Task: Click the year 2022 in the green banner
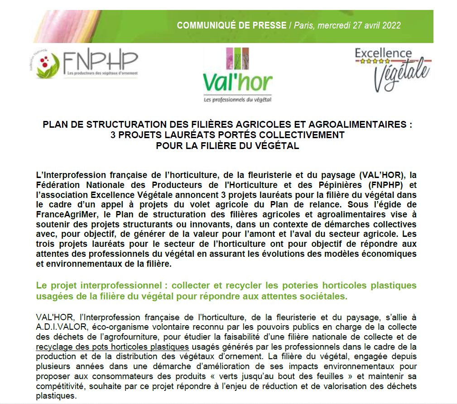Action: pyautogui.click(x=391, y=25)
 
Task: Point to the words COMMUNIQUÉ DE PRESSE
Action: pyautogui.click(x=231, y=25)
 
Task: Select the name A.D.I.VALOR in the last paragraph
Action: pyautogui.click(x=60, y=326)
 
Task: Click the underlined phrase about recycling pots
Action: pyautogui.click(x=112, y=347)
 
